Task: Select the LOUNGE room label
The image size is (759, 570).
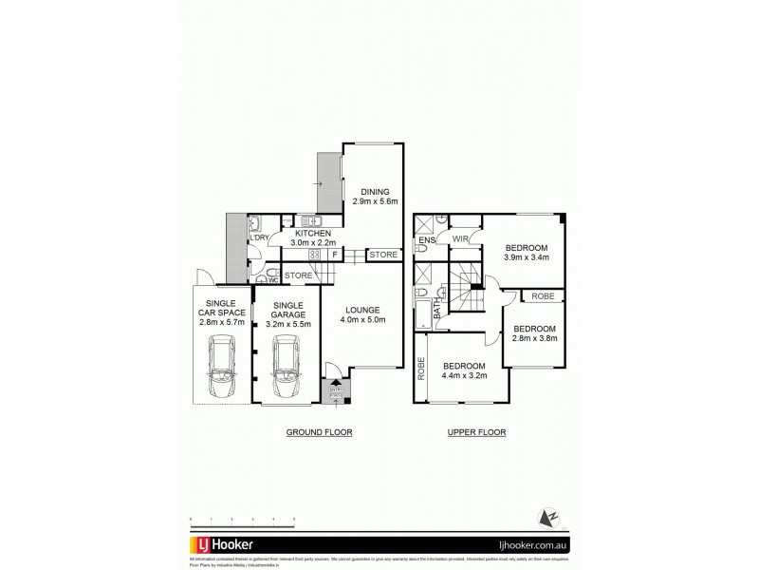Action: (x=362, y=310)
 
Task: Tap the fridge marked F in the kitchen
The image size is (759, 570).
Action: (x=334, y=255)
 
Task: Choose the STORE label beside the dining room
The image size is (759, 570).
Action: (x=382, y=255)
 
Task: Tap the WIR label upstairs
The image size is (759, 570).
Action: (x=461, y=238)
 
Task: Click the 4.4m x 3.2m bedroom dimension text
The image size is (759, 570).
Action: (x=464, y=376)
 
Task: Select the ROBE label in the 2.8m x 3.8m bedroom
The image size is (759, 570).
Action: (x=543, y=296)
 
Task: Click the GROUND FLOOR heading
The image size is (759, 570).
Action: (x=320, y=432)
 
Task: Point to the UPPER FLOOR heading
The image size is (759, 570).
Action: (x=477, y=432)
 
